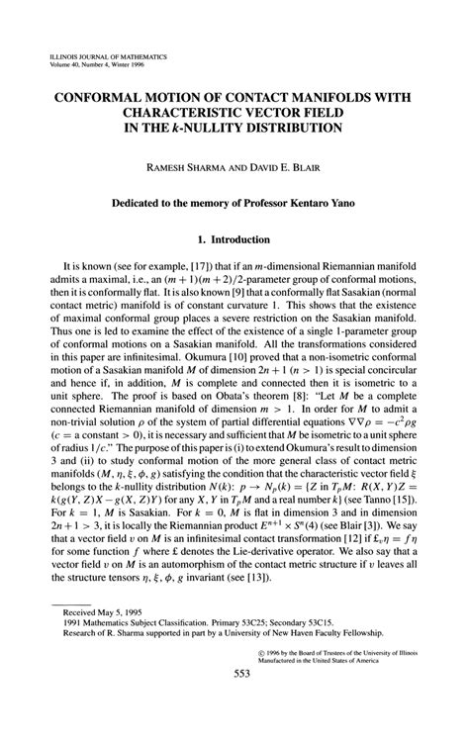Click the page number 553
click(x=234, y=702)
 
